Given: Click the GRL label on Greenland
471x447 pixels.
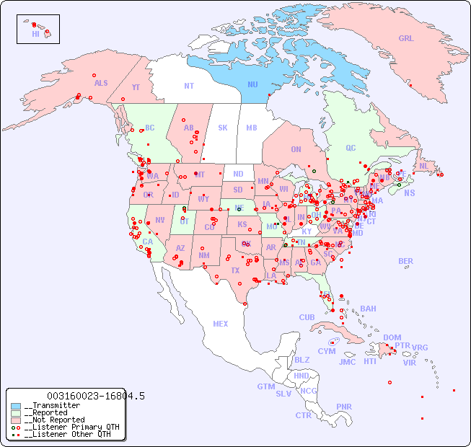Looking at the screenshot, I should pos(406,38).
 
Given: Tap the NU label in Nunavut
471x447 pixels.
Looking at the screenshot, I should pos(252,84).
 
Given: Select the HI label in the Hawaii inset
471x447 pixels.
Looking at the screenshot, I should pos(35,34).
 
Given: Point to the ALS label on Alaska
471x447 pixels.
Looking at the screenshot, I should pos(101,83).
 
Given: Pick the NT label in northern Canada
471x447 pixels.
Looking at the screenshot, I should pos(188,85).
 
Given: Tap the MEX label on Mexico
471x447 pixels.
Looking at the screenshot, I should pos(220,324).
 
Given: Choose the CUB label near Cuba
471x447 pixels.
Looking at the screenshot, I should pos(307,317).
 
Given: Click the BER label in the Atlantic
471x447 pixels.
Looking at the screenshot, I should pos(405,261).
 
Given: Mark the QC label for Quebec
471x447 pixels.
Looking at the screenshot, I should pos(351,148).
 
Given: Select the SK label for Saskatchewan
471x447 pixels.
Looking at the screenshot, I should pos(223,128).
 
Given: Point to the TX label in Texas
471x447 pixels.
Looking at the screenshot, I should pos(235,270).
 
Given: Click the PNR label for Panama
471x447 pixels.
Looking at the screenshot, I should pos(344,407).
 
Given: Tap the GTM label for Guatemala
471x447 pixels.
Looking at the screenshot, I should pos(265,386).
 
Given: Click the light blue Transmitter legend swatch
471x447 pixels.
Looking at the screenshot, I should pos(16,406).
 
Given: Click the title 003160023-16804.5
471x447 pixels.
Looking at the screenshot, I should pos(95,396).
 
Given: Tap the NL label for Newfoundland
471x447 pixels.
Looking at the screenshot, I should pos(423,165).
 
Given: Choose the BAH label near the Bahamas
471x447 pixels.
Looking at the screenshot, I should pos(368,309).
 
